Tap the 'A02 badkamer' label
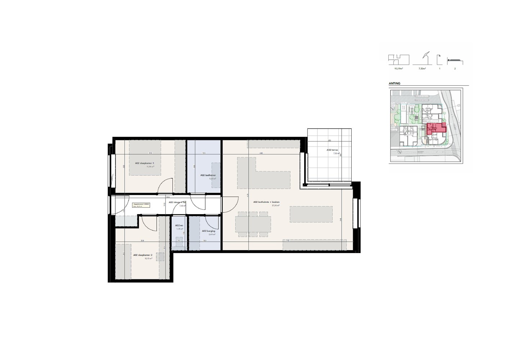pyautogui.click(x=208, y=175)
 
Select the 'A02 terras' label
pyautogui.click(x=332, y=150)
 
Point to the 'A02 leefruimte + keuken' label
pyautogui.click(x=266, y=202)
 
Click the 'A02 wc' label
pyautogui.click(x=179, y=225)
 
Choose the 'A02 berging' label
pyautogui.click(x=208, y=231)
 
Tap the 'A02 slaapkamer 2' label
pyautogui.click(x=142, y=255)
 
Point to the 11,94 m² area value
pyautogui.click(x=150, y=167)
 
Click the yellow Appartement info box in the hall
pyautogui.click(x=141, y=205)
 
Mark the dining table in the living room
pyautogui.click(x=253, y=224)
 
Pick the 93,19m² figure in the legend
pyautogui.click(x=398, y=68)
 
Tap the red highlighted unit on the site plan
pyautogui.click(x=436, y=128)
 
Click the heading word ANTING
pyautogui.click(x=395, y=84)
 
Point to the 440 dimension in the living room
pyautogui.click(x=261, y=153)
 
